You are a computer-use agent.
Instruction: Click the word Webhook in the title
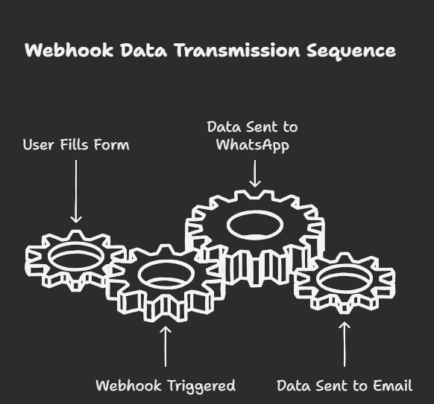tap(69, 50)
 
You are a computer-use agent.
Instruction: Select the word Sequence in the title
tap(351, 51)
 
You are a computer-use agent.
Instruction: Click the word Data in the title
tap(144, 50)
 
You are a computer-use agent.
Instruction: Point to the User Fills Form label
tap(76, 144)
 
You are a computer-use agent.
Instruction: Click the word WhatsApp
tap(253, 145)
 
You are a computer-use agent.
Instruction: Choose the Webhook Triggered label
tap(166, 386)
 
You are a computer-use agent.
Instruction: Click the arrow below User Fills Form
tap(76, 191)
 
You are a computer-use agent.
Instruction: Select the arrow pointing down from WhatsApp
tap(254, 173)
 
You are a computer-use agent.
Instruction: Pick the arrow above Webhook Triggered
tap(166, 347)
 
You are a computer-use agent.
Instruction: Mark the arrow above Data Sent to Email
tap(345, 344)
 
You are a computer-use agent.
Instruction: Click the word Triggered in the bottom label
tap(201, 386)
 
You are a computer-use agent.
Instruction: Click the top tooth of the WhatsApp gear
tap(255, 193)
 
